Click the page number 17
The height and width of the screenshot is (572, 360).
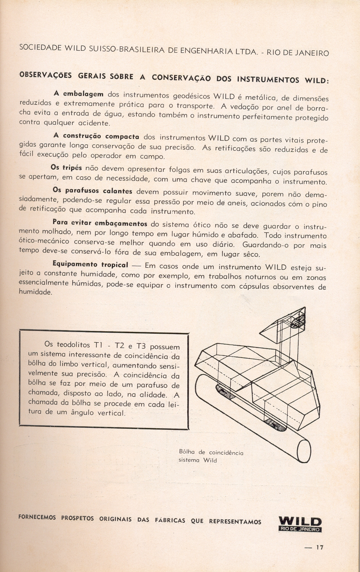320,547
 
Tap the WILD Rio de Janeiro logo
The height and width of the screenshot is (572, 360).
300,524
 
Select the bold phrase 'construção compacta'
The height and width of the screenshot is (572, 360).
101,136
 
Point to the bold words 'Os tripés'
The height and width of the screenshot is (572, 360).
66,168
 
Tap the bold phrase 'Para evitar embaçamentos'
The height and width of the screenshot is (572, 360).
100,223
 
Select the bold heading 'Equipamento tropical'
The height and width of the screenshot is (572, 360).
90,264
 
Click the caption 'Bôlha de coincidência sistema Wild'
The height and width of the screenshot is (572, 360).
211,456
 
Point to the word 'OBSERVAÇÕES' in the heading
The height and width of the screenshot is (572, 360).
45,75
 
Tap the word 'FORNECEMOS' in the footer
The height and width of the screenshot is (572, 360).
37,517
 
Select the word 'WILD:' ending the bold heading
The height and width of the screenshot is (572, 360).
317,80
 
